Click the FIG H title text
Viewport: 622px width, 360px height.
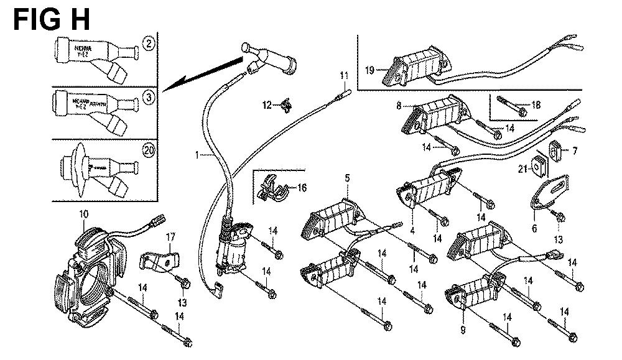[x=52, y=18]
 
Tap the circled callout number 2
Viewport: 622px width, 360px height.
[x=149, y=43]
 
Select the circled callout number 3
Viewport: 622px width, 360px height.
[x=149, y=98]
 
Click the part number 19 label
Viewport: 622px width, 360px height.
[x=369, y=70]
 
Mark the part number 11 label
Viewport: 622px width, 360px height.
[x=343, y=76]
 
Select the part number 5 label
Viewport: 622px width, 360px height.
[x=347, y=179]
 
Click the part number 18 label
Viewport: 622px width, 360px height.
[x=536, y=105]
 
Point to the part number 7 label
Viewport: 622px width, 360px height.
[x=575, y=150]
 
